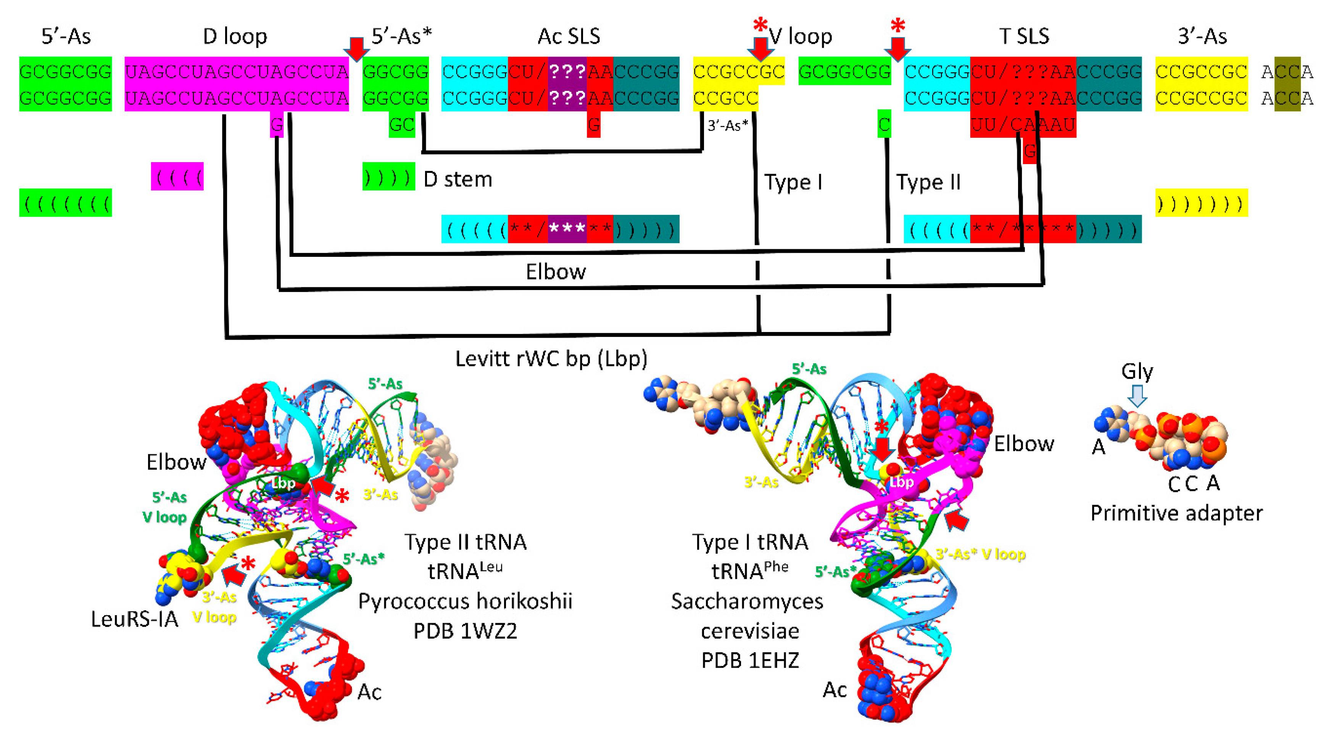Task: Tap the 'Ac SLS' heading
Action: [569, 36]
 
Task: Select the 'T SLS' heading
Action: [1024, 36]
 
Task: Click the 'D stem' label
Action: [458, 179]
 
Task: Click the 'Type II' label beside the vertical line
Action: [928, 182]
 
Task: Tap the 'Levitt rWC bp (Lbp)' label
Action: [551, 358]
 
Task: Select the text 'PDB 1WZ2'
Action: [465, 631]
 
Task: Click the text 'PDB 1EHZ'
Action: [750, 660]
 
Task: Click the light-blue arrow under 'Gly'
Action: [1137, 396]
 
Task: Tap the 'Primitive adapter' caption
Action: [1176, 513]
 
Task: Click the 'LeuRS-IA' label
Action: [135, 619]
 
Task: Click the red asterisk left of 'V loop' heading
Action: [760, 25]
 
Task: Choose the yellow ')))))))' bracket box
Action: [1202, 203]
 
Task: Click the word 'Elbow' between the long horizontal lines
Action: [556, 272]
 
